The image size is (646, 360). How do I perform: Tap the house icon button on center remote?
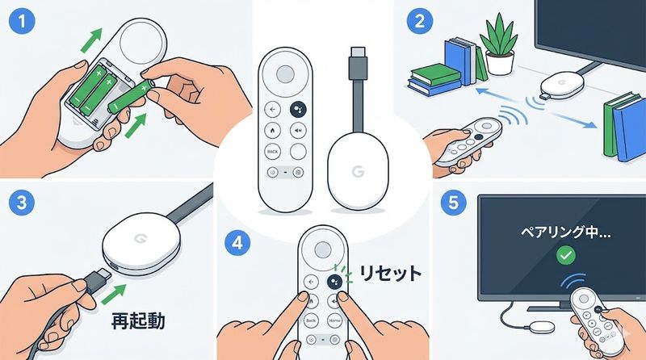(272, 130)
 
